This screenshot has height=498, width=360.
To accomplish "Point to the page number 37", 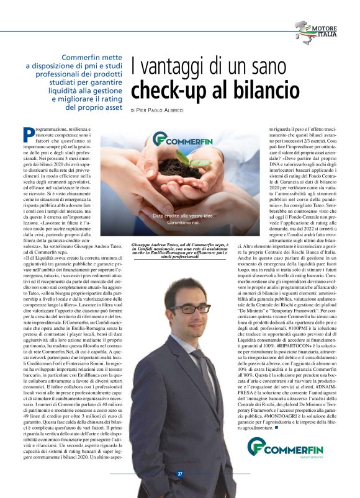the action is [x=180, y=474].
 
